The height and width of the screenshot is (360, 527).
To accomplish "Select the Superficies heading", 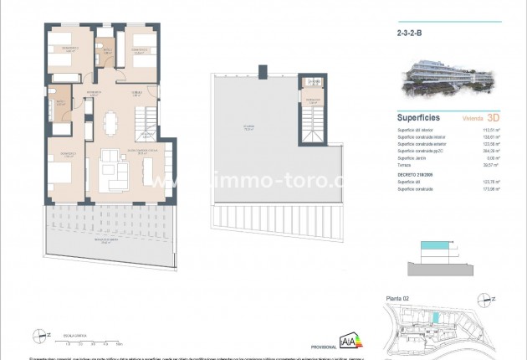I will [418, 119].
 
